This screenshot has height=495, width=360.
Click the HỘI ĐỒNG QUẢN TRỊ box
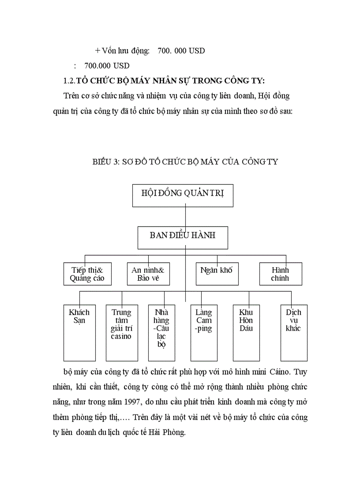(x=183, y=196)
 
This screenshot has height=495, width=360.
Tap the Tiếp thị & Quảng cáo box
(x=87, y=274)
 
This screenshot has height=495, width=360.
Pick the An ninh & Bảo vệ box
(x=148, y=274)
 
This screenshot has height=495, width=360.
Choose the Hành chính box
(x=281, y=274)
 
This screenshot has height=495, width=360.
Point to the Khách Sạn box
(x=79, y=333)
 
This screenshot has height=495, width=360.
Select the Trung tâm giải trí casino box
(x=121, y=333)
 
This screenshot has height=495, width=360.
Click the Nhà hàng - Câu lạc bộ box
(x=161, y=333)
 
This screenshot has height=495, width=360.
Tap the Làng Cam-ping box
(x=204, y=333)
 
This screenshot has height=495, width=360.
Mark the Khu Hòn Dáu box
(x=246, y=333)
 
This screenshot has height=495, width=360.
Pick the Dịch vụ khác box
(x=294, y=333)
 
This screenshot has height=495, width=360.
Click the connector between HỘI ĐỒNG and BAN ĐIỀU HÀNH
(x=185, y=217)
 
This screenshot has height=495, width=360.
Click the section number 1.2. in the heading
(x=69, y=81)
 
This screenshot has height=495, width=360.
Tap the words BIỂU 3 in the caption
(x=106, y=161)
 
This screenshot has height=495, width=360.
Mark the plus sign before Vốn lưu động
(x=97, y=51)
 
